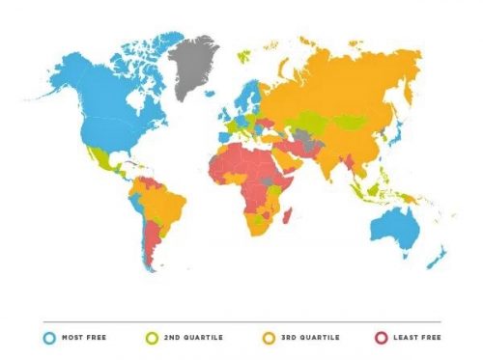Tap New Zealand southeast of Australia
[439, 255]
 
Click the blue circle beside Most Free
[49, 339]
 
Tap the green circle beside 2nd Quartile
[152, 339]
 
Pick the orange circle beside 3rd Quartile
[268, 339]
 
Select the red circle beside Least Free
[380, 339]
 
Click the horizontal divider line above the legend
[241, 322]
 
